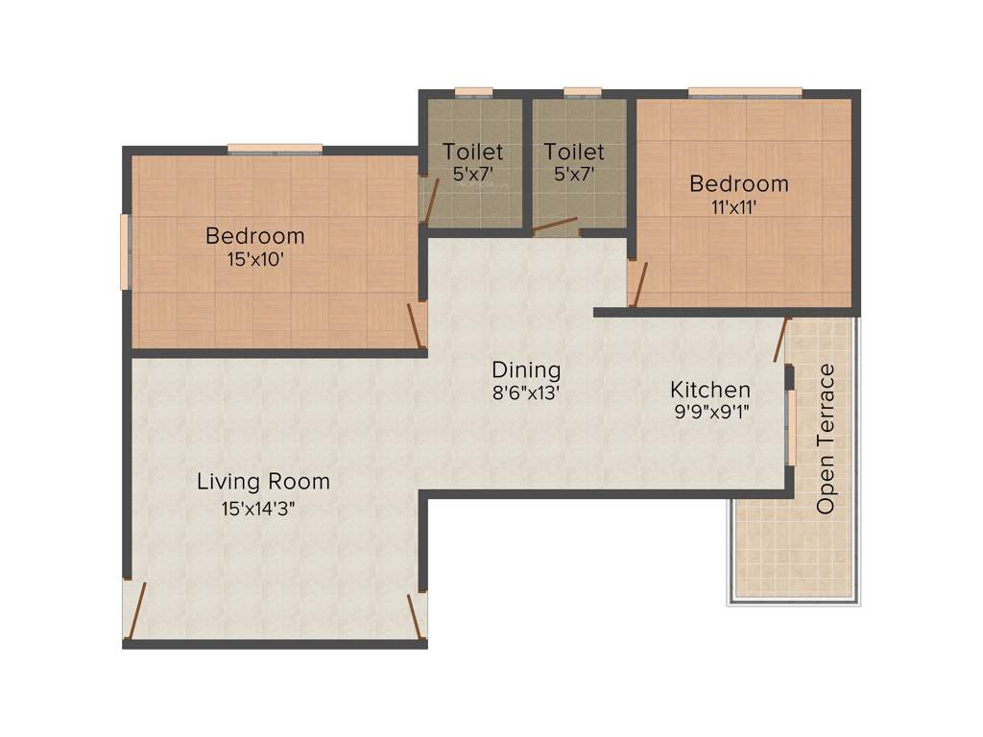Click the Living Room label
(263, 482)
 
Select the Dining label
(526, 369)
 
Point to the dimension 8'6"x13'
(526, 392)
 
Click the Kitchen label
(710, 391)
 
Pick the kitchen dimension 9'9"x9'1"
(710, 414)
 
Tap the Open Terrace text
(826, 439)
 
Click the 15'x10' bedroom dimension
(254, 259)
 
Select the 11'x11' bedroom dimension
(738, 207)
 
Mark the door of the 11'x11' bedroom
(638, 282)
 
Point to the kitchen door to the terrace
(781, 340)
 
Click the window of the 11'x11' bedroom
(745, 92)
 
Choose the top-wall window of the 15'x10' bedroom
(275, 149)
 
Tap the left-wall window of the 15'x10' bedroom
(125, 251)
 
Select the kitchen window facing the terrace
(791, 427)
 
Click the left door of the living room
(136, 610)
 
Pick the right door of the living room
(417, 615)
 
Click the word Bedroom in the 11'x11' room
(738, 183)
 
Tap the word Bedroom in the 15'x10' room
(254, 236)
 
